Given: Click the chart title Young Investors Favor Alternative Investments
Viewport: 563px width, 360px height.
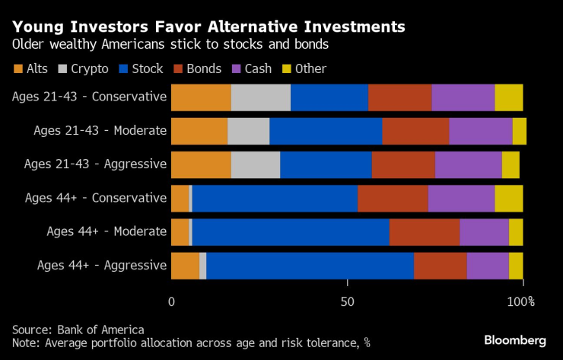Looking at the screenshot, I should click(x=208, y=27).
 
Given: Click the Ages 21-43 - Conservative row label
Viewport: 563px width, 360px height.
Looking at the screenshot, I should click(x=89, y=97).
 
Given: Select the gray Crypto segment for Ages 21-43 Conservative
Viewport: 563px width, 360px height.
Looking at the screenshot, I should click(x=260, y=97).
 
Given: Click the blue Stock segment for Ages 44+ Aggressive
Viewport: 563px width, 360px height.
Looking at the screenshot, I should click(x=310, y=266).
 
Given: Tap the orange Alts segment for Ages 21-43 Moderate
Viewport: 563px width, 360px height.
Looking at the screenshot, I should click(x=199, y=131).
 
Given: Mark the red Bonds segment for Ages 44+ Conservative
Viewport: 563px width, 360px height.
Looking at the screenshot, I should click(x=393, y=199).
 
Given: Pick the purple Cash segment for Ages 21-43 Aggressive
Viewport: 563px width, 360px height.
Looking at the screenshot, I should click(x=468, y=164).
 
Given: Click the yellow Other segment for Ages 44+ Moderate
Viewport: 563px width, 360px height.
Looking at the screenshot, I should click(x=515, y=232).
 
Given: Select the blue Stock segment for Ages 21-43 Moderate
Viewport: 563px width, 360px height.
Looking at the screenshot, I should click(x=326, y=131).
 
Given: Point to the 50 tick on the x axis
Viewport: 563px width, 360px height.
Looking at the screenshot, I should click(x=347, y=302).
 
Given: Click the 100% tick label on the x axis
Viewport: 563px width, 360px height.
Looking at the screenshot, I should click(x=521, y=302).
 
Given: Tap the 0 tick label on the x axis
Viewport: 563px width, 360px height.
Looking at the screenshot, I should click(x=171, y=302).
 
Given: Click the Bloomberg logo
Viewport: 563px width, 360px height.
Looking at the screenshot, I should click(x=515, y=339).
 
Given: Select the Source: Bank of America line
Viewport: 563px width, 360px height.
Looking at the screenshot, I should click(x=78, y=329).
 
